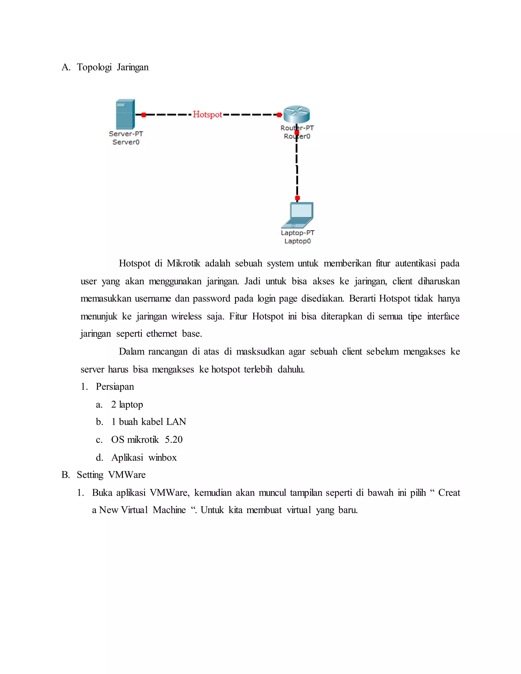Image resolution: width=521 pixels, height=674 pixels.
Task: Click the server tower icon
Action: [x=125, y=114]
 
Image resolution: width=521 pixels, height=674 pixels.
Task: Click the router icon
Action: [x=296, y=114]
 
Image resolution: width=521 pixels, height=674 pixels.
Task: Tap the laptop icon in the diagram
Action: [x=298, y=215]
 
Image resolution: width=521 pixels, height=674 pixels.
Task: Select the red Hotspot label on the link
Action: [x=207, y=114]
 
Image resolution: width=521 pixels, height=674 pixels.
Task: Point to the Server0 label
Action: [x=126, y=142]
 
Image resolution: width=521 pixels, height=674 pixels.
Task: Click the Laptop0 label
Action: [x=298, y=241]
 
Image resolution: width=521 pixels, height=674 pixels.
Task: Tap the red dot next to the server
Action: [x=143, y=115]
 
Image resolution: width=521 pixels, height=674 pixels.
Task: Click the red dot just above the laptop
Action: [x=297, y=198]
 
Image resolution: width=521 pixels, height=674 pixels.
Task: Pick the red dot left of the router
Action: [x=279, y=115]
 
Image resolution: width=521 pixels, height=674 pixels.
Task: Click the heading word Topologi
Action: [x=94, y=67]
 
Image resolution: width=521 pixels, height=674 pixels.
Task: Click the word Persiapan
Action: [x=115, y=387]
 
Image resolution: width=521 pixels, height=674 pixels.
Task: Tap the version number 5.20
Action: [x=173, y=439]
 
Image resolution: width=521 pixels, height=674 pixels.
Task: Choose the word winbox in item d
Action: [x=162, y=457]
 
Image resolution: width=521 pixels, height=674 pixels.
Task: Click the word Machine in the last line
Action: [x=169, y=510]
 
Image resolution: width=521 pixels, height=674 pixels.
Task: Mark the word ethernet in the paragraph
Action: [x=162, y=334]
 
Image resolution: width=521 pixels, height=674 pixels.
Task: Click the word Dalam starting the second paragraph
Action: [x=131, y=351]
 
